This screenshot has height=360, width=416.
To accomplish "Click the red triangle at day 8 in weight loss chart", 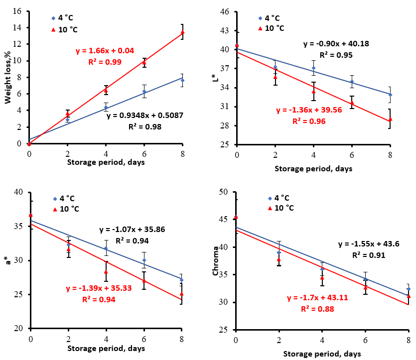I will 182,32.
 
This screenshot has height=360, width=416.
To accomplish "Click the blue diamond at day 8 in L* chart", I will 390,95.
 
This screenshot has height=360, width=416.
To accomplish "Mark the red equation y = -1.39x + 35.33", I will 98,289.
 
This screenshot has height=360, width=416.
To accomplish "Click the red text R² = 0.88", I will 317,309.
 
